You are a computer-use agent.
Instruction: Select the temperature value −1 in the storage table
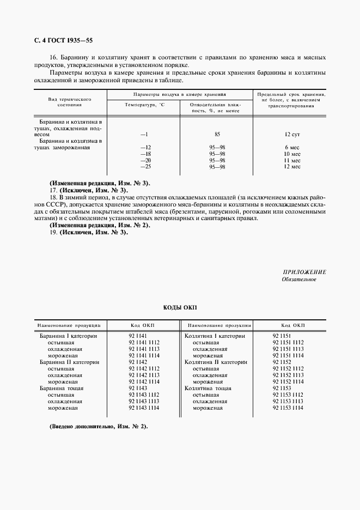(144, 134)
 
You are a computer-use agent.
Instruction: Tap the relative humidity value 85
(217, 134)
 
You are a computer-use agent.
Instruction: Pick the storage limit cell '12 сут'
(292, 134)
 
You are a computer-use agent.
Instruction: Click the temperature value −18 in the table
(145, 154)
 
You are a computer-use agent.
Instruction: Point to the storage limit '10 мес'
(292, 154)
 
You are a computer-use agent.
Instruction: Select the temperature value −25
(145, 167)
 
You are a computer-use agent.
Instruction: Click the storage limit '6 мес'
(292, 148)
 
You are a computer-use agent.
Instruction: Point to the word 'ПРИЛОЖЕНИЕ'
(304, 272)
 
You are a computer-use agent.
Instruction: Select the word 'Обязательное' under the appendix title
(299, 280)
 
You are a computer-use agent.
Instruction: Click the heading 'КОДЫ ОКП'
(179, 308)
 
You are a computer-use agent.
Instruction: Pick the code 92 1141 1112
(144, 342)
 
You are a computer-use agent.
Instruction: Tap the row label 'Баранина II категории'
(69, 362)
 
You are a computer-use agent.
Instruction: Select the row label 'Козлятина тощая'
(208, 388)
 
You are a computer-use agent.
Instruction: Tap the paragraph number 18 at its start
(53, 198)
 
